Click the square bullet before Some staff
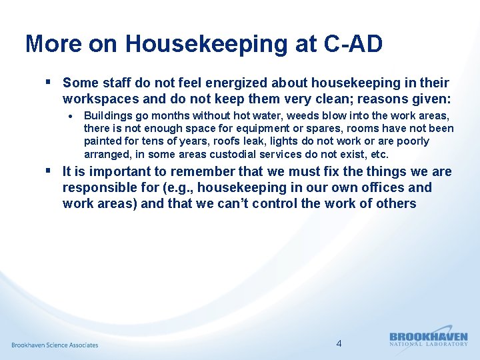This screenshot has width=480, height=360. pyautogui.click(x=49, y=83)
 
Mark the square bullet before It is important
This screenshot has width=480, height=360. pyautogui.click(x=49, y=171)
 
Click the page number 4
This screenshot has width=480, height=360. pyautogui.click(x=339, y=343)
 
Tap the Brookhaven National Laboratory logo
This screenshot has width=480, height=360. pyautogui.click(x=428, y=339)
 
